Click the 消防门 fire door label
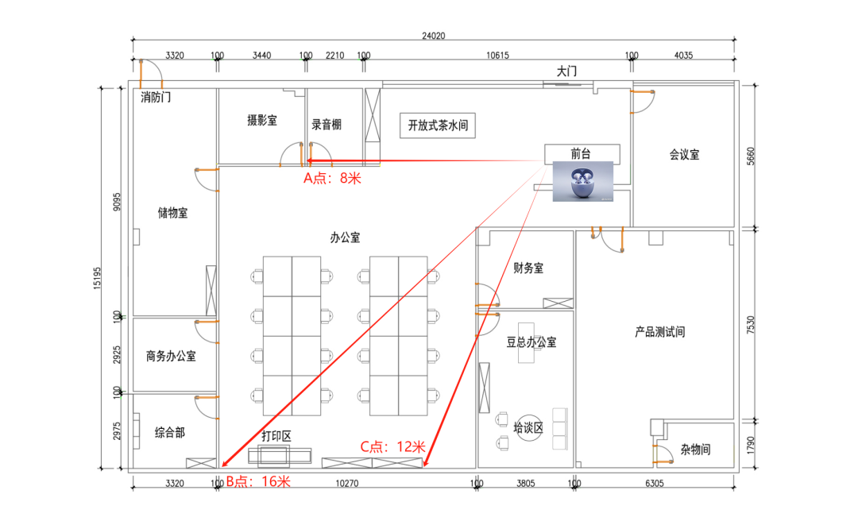pyautogui.click(x=156, y=98)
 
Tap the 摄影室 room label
pyautogui.click(x=262, y=121)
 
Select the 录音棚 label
pyautogui.click(x=327, y=124)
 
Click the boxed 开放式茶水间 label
pyautogui.click(x=438, y=125)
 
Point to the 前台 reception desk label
pyautogui.click(x=581, y=154)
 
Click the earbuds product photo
pyautogui.click(x=583, y=181)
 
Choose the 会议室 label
pyautogui.click(x=685, y=155)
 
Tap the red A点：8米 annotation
pyautogui.click(x=333, y=178)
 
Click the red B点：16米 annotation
pyautogui.click(x=258, y=481)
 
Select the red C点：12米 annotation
pyautogui.click(x=393, y=446)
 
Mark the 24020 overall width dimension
pyautogui.click(x=434, y=36)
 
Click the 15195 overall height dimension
pyautogui.click(x=97, y=278)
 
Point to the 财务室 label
pyautogui.click(x=528, y=268)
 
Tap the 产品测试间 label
pyautogui.click(x=660, y=332)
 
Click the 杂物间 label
pyautogui.click(x=695, y=450)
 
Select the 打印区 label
pyautogui.click(x=276, y=436)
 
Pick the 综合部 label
pyautogui.click(x=170, y=433)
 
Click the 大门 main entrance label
pyautogui.click(x=567, y=71)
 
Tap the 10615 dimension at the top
pyautogui.click(x=498, y=56)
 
